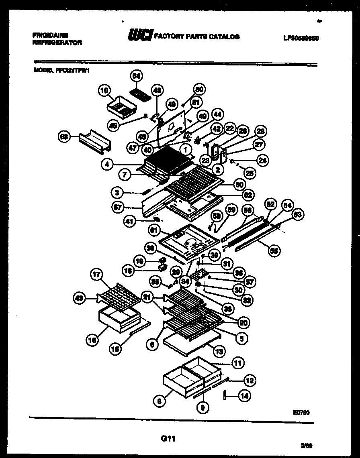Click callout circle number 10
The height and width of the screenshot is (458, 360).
click(x=104, y=91)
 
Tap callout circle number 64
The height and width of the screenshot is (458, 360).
click(x=137, y=75)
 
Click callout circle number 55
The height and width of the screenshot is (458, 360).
click(x=275, y=251)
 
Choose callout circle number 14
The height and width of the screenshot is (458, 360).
click(x=243, y=396)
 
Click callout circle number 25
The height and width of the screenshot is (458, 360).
click(x=250, y=173)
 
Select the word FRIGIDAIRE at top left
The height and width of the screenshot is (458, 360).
click(x=50, y=35)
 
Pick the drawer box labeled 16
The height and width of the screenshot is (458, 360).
click(x=117, y=319)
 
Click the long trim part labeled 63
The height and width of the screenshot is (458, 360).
click(x=94, y=142)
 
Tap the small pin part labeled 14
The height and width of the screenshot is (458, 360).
click(x=225, y=396)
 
